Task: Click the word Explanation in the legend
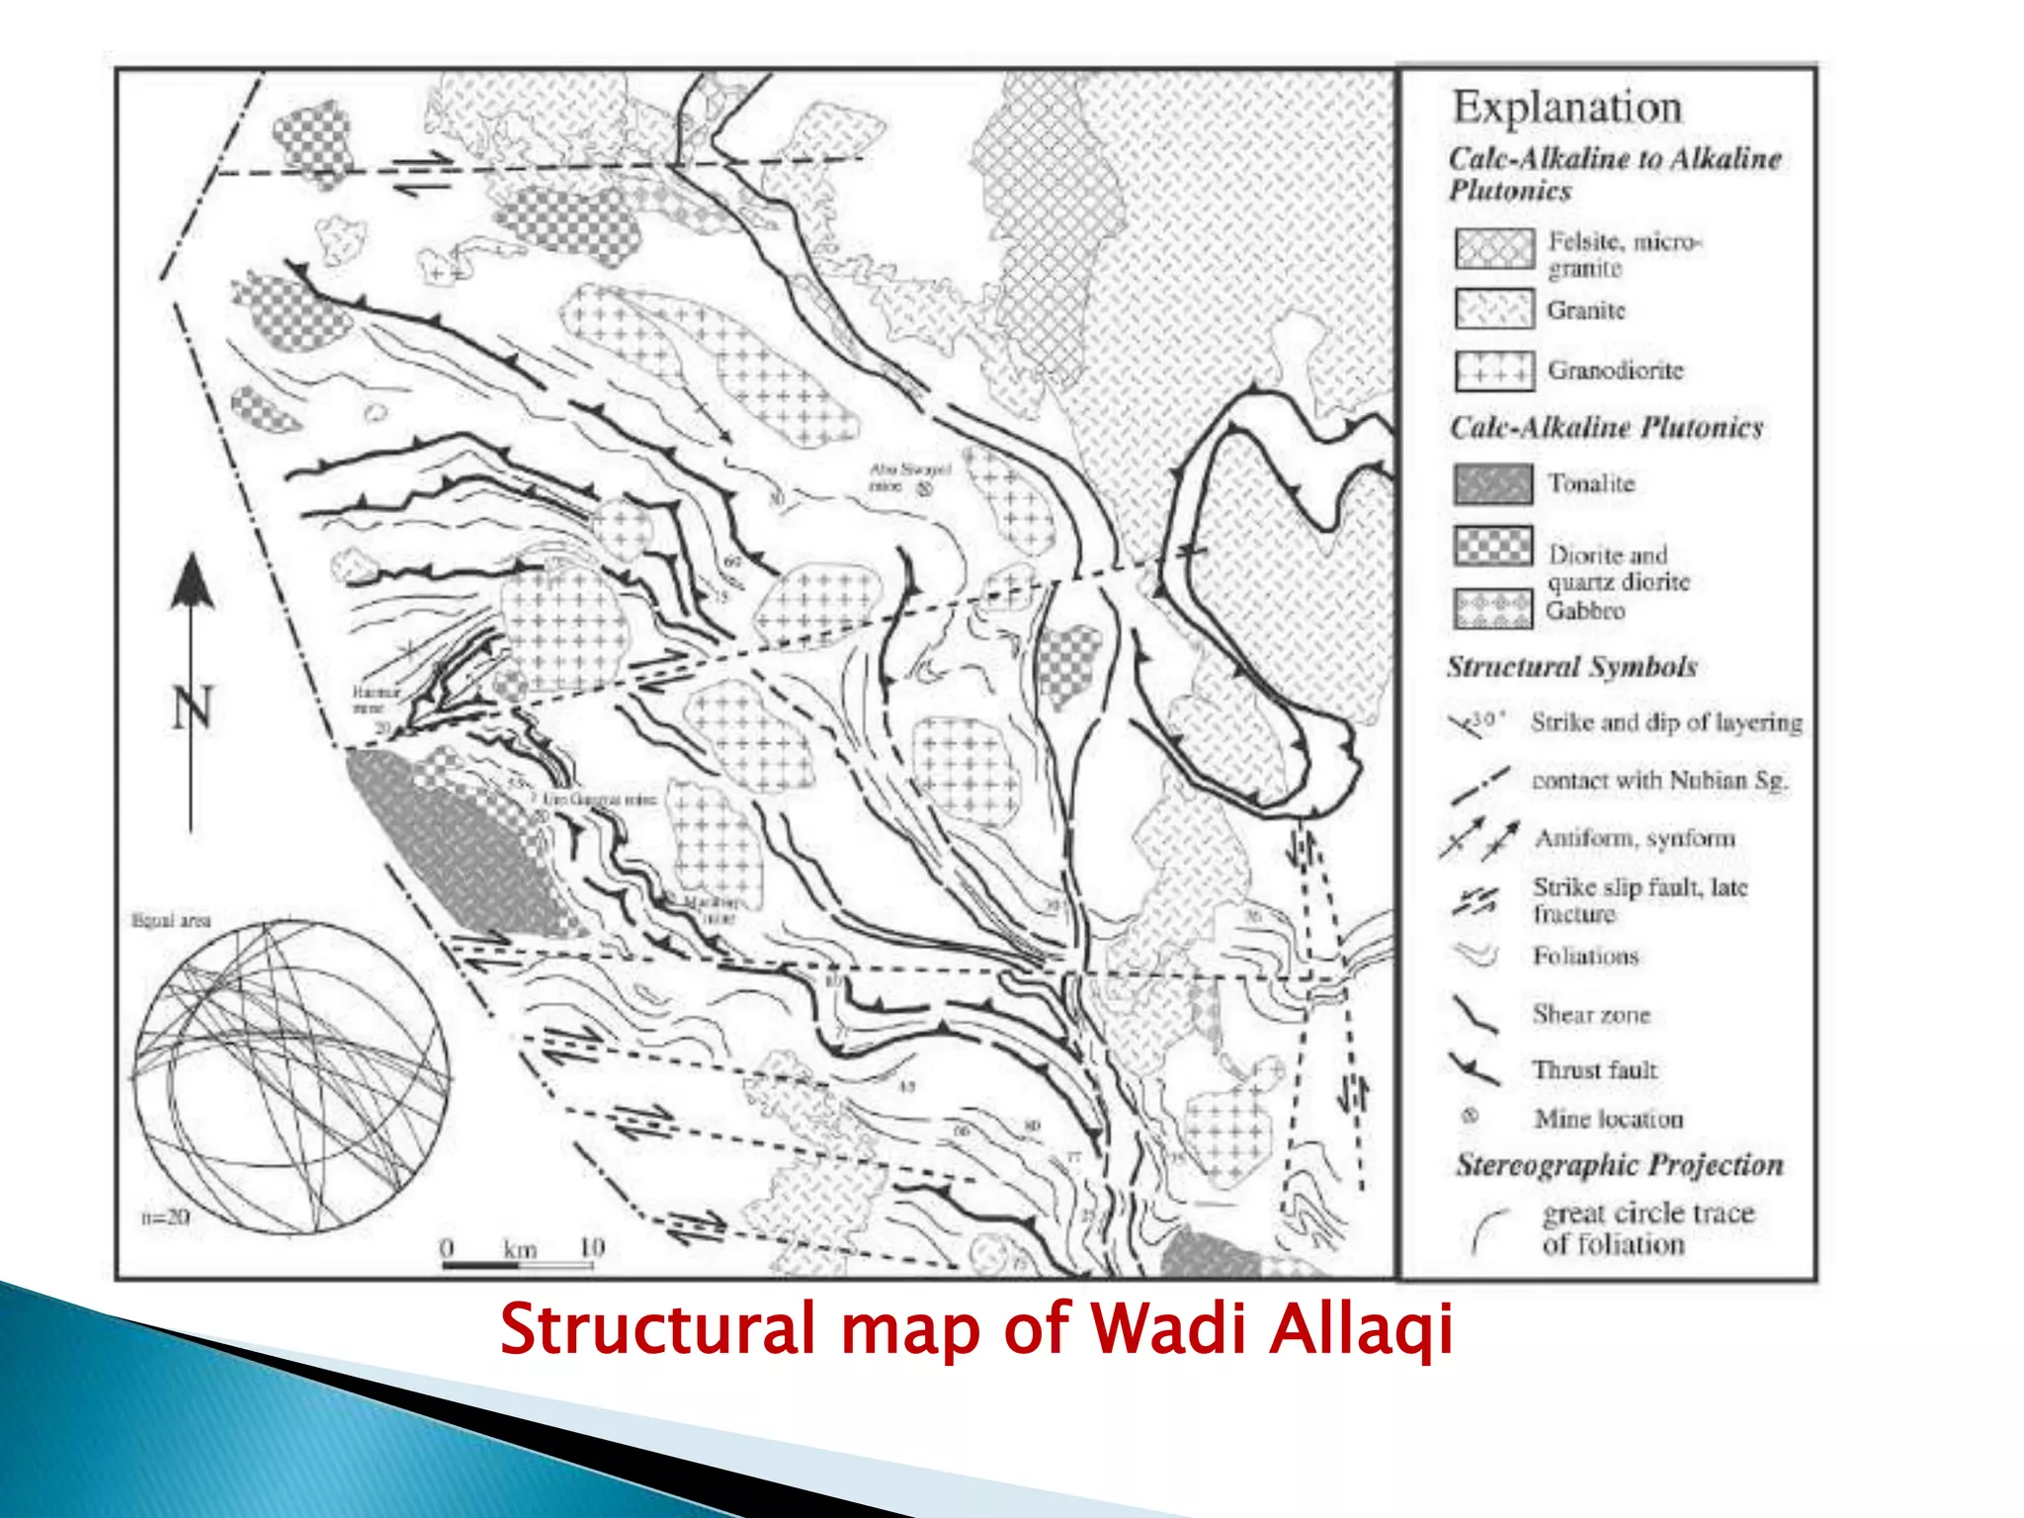(x=1566, y=107)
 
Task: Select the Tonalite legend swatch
(x=1493, y=484)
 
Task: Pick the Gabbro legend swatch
(x=1492, y=610)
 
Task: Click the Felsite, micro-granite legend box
(x=1493, y=249)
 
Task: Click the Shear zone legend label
(x=1590, y=1015)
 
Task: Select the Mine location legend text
(x=1608, y=1119)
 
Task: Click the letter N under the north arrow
(x=192, y=708)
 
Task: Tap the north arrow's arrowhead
(x=192, y=583)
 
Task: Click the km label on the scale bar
(x=520, y=1249)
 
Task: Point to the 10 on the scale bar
(x=591, y=1247)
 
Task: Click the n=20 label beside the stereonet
(x=164, y=1218)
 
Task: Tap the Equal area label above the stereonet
(x=171, y=921)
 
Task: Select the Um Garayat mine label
(x=599, y=799)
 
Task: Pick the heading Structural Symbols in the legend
(x=1571, y=667)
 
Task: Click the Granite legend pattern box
(x=1493, y=309)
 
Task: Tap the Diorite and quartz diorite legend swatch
(x=1492, y=546)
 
